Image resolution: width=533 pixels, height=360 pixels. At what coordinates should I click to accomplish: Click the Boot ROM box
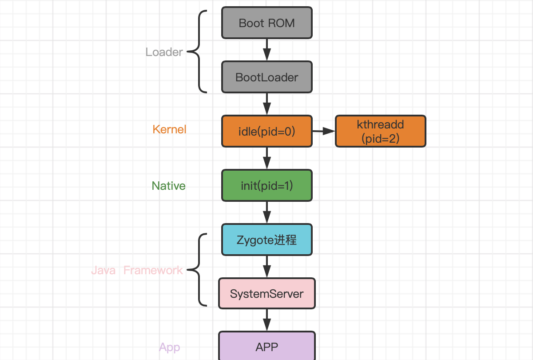[266, 23]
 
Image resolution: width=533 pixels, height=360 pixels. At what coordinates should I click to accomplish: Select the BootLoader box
[266, 77]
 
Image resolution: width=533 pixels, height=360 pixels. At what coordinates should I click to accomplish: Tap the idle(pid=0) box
[266, 132]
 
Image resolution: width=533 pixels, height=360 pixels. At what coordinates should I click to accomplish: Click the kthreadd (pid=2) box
[380, 132]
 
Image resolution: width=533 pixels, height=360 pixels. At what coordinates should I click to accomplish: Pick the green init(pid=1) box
[266, 185]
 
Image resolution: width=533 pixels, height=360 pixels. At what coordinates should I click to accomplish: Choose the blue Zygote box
[266, 240]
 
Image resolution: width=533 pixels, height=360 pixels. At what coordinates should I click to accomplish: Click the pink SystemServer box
[266, 293]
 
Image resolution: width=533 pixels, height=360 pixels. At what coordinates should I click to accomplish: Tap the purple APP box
[266, 347]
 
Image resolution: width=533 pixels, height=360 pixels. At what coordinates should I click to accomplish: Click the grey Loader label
[164, 52]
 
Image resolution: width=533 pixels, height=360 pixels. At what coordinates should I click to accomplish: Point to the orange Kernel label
[169, 129]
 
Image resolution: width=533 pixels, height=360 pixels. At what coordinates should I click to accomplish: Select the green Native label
[168, 186]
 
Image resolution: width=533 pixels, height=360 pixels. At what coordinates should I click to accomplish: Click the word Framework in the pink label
[153, 270]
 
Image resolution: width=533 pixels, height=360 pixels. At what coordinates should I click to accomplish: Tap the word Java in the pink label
[103, 270]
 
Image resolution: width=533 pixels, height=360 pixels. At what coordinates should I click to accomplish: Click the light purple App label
[169, 347]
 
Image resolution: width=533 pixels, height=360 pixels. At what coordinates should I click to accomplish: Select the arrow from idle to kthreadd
[323, 131]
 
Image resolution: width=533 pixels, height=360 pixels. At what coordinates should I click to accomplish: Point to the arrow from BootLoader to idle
[266, 104]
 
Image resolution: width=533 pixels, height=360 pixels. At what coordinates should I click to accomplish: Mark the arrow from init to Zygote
[266, 212]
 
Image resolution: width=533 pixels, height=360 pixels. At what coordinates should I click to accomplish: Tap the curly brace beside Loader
[198, 52]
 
